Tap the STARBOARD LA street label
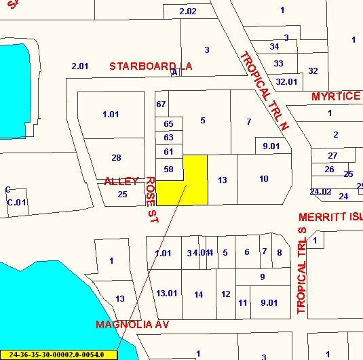(151, 66)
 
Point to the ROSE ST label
(151, 199)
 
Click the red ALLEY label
(121, 181)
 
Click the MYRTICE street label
(336, 96)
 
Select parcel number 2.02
(187, 12)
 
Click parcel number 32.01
(286, 81)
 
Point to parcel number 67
(161, 104)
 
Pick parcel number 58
(169, 169)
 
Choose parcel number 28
(116, 158)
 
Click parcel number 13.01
(167, 294)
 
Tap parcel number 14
(198, 294)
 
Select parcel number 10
(263, 178)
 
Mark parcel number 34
(274, 47)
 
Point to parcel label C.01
(16, 202)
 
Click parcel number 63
(169, 137)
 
